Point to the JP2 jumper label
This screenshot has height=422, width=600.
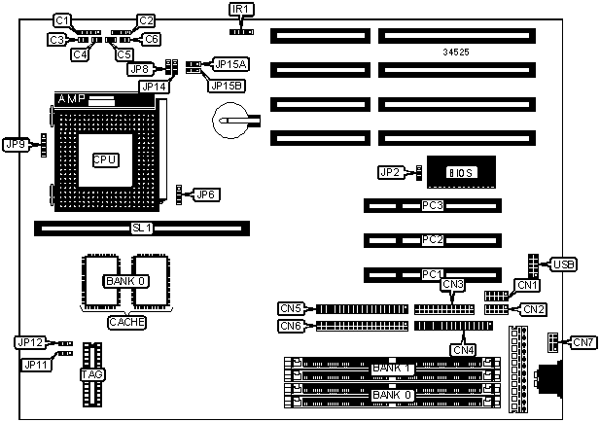(389, 172)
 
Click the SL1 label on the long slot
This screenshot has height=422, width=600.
(143, 228)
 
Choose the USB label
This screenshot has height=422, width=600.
(563, 264)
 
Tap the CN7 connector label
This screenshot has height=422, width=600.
(582, 341)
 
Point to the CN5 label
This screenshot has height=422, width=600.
(291, 308)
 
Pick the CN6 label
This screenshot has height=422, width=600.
(291, 326)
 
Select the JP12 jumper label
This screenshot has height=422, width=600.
(29, 342)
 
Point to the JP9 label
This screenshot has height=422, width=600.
(18, 143)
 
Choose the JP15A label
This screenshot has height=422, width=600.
(230, 63)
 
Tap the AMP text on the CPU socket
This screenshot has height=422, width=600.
(72, 99)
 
